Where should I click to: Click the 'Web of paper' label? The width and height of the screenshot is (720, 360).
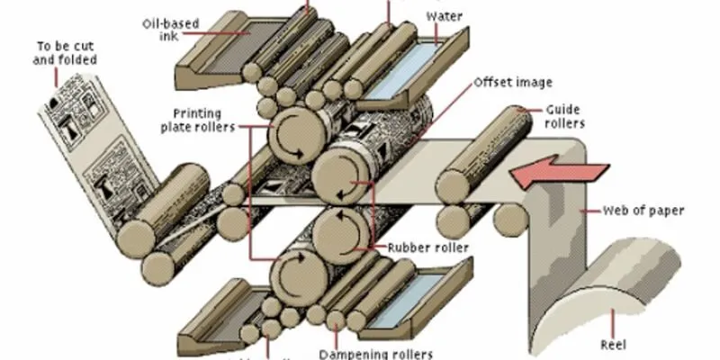[x=647, y=211]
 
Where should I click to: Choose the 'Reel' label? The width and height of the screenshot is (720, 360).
[x=615, y=344]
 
